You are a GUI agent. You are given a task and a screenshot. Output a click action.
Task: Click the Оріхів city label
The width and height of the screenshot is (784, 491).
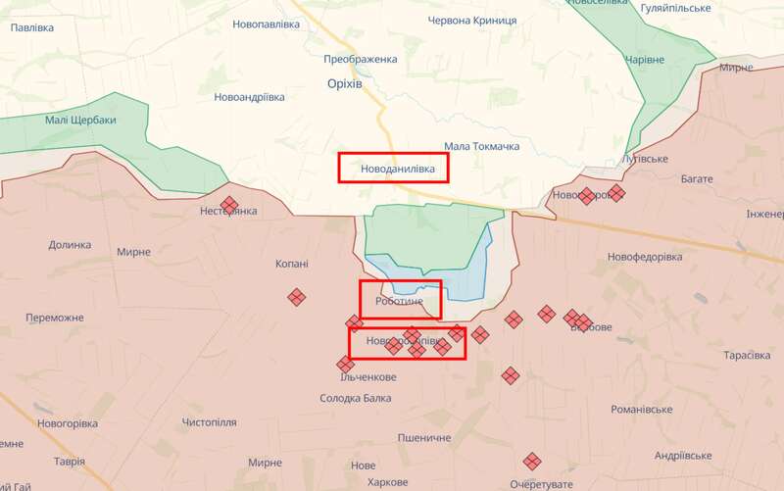tap(344, 85)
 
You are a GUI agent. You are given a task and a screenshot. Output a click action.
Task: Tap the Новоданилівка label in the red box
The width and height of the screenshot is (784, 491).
tap(393, 169)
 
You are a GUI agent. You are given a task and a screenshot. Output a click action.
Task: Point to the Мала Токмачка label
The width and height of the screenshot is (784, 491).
tap(481, 146)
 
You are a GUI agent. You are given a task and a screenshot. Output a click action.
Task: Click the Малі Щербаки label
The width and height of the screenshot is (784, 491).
tap(80, 121)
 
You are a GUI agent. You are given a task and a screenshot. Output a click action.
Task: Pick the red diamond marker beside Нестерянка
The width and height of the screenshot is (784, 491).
tap(229, 205)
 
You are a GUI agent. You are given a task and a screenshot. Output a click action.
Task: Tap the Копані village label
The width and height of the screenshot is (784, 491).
tap(291, 264)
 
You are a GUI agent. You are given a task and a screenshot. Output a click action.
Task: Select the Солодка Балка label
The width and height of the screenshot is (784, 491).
tap(356, 398)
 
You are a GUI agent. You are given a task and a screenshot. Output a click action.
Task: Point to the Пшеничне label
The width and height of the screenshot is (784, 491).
tap(424, 437)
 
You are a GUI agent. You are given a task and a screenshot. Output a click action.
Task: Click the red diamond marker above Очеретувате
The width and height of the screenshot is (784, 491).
tap(532, 461)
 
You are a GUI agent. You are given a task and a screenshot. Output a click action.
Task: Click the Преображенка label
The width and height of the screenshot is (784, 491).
tap(363, 59)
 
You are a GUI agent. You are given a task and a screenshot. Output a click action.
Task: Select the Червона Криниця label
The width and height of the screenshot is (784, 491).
tap(474, 20)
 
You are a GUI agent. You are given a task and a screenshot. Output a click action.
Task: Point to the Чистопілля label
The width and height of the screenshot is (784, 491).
tap(209, 422)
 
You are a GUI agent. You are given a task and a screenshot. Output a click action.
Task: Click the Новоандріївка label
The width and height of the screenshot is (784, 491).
tap(250, 97)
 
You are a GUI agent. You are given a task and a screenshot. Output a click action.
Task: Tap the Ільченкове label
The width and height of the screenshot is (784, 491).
tap(367, 377)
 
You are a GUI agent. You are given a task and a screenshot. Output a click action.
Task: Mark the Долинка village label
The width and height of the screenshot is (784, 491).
tap(70, 245)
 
